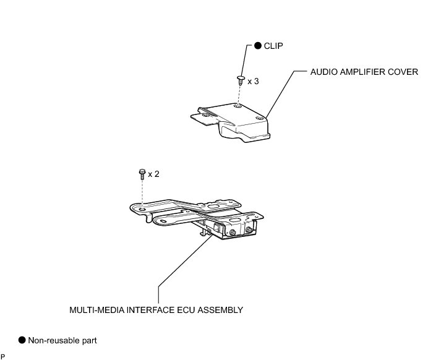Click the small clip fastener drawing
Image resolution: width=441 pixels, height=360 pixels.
pyautogui.click(x=239, y=79)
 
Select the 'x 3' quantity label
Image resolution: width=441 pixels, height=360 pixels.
pyautogui.click(x=253, y=81)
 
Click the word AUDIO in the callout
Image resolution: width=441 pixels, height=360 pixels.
pyautogui.click(x=323, y=72)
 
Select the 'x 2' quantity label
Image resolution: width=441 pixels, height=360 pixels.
pyautogui.click(x=153, y=174)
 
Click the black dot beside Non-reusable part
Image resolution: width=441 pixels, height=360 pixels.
pyautogui.click(x=22, y=340)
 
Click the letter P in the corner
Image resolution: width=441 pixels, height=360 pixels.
pyautogui.click(x=3, y=356)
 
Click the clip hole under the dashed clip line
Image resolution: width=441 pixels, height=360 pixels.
pyautogui.click(x=239, y=105)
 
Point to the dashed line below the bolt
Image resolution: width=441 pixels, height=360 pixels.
pyautogui.click(x=143, y=194)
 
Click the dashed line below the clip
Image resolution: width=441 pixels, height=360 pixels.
pyautogui.click(x=239, y=93)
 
